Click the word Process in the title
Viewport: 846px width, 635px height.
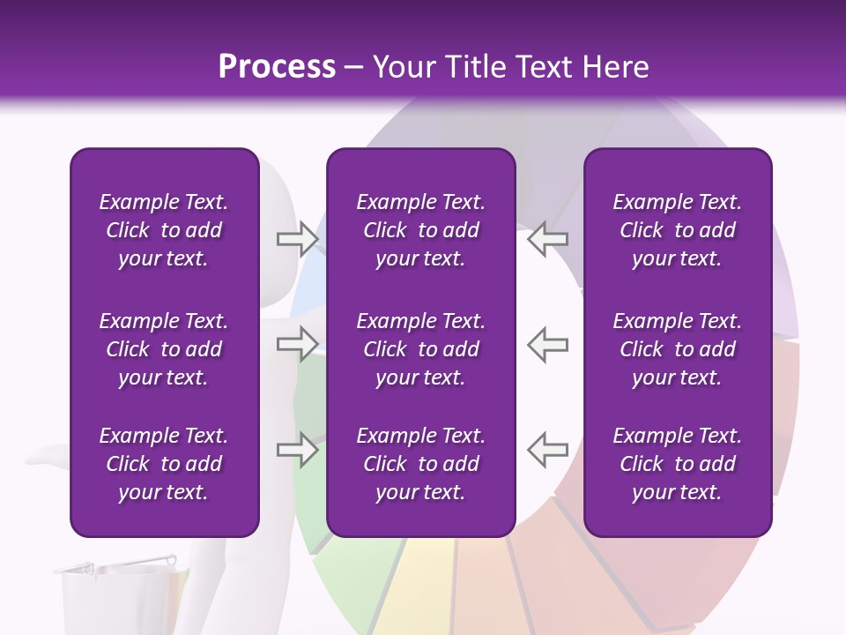pyautogui.click(x=277, y=66)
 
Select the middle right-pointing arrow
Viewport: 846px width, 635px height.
pyautogui.click(x=297, y=344)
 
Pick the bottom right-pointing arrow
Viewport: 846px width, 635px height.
pyautogui.click(x=297, y=450)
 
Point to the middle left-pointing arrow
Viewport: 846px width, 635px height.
pyautogui.click(x=547, y=344)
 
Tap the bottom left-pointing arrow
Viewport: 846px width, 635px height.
pyautogui.click(x=547, y=450)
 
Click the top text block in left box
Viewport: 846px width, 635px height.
pyautogui.click(x=164, y=230)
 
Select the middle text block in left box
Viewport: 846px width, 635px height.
pyautogui.click(x=164, y=349)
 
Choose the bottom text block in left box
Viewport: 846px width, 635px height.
pyautogui.click(x=164, y=464)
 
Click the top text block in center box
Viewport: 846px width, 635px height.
pyautogui.click(x=420, y=230)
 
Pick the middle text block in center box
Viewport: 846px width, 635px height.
pyautogui.click(x=420, y=349)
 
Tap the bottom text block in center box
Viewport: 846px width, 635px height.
pyautogui.click(x=420, y=464)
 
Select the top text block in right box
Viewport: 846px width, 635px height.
pyautogui.click(x=677, y=230)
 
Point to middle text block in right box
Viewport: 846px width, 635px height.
pyautogui.click(x=677, y=349)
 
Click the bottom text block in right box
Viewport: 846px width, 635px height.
pyautogui.click(x=677, y=464)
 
